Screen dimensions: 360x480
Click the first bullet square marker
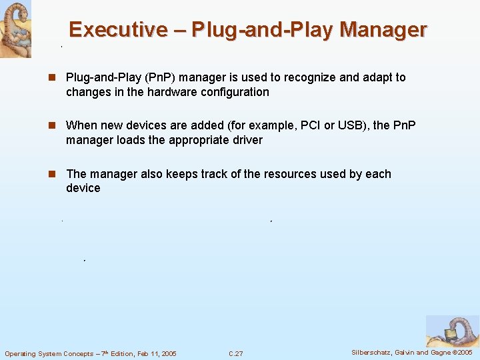(51, 77)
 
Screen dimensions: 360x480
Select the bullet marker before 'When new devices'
(51, 125)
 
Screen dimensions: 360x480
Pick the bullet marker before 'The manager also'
(51, 174)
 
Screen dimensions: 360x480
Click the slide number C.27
(235, 353)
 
